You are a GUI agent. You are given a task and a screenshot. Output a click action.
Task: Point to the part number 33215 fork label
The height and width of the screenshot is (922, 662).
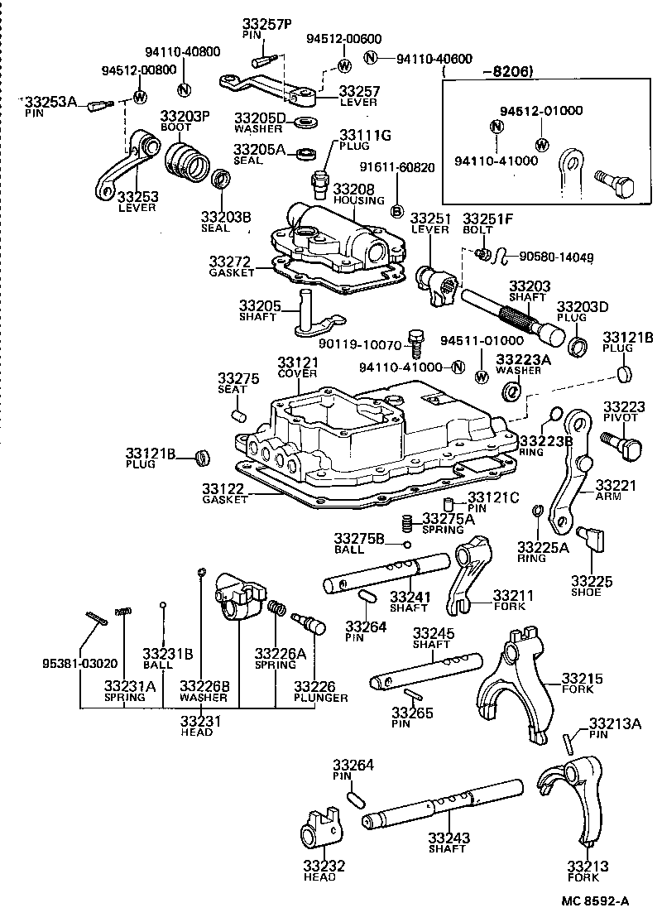click(x=583, y=679)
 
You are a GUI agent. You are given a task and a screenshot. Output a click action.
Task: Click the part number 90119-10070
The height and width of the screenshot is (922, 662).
click(x=370, y=344)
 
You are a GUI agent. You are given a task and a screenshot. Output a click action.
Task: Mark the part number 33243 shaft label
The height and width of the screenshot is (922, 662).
click(x=449, y=838)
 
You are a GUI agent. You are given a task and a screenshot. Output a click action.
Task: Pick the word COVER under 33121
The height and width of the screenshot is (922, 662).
click(x=298, y=374)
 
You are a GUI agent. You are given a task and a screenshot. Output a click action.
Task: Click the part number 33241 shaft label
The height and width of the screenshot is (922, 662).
click(x=410, y=596)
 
